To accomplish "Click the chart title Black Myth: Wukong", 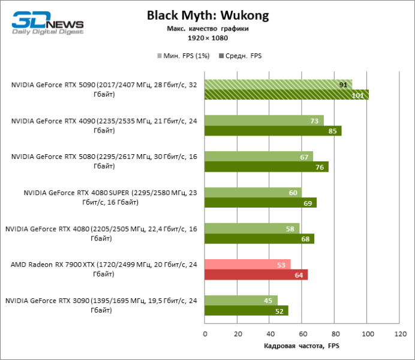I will [x=207, y=15].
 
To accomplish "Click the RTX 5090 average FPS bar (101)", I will [x=287, y=94].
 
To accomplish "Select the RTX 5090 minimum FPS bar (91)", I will [x=278, y=85].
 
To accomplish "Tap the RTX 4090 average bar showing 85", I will [x=273, y=131].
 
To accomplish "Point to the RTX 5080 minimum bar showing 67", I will [x=258, y=157].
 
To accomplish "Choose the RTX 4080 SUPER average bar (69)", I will [x=260, y=203].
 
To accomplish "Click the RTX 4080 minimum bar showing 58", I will [x=252, y=229].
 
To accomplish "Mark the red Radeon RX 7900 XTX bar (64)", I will [x=256, y=275].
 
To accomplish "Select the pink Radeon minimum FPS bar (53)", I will [x=247, y=265].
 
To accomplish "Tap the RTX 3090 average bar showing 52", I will [x=246, y=311].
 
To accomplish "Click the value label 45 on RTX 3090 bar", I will [x=266, y=301].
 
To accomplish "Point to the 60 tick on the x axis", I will [x=302, y=334].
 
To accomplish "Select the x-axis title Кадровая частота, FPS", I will [x=302, y=347].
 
